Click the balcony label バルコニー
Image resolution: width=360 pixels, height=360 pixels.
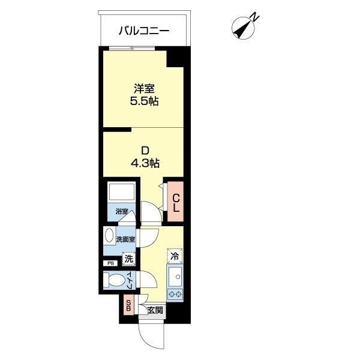point(143,30)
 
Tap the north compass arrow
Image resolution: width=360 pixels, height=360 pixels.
point(245,28)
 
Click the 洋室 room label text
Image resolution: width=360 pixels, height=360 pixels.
point(144,88)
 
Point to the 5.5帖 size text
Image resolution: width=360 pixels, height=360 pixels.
point(144,101)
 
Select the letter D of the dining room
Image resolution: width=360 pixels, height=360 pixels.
point(144,149)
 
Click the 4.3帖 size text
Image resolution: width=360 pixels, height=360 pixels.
point(144,163)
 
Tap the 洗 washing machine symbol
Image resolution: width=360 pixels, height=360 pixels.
point(128,259)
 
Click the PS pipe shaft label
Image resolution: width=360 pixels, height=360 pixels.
point(110,263)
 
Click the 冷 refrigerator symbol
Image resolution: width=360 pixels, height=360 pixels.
point(175,256)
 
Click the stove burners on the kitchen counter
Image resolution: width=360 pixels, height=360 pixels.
point(176,293)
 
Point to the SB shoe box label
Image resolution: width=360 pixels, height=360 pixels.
point(128,306)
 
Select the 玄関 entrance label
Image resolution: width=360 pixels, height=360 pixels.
point(155,310)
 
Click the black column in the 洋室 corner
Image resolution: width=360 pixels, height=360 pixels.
point(175,59)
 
